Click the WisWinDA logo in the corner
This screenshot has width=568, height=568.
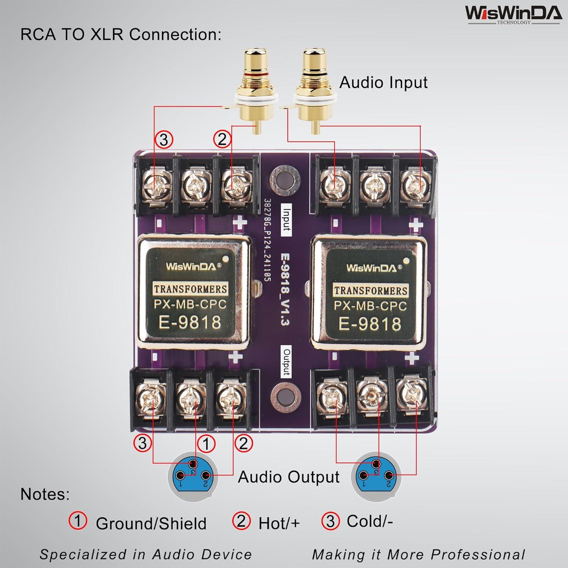[513, 14]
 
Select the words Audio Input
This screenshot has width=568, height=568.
[383, 83]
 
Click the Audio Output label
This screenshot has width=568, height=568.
[288, 477]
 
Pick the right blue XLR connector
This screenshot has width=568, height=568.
[376, 475]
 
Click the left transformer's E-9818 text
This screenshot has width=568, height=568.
[190, 322]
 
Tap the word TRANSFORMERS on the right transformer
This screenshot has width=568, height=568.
[370, 290]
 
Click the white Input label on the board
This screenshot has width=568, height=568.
[287, 220]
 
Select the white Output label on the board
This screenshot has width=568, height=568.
[287, 362]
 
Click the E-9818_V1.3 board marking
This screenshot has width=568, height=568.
[285, 289]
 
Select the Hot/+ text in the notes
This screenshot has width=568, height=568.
[279, 523]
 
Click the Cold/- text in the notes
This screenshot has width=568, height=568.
[370, 521]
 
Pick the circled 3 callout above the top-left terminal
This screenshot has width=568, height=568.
[164, 140]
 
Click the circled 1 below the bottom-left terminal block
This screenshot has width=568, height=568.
[206, 444]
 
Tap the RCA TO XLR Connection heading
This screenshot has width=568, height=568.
[120, 34]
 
